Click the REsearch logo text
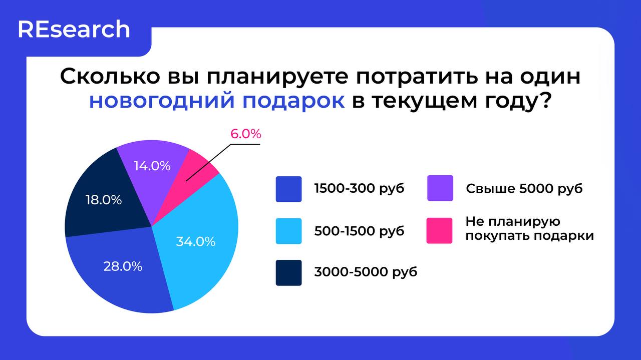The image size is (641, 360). pyautogui.click(x=74, y=30)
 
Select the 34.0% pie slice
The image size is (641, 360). pyautogui.click(x=200, y=235)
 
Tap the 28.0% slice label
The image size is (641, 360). pyautogui.click(x=123, y=266)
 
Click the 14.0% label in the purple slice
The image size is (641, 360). pyautogui.click(x=152, y=166)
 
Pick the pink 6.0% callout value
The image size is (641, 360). pyautogui.click(x=246, y=134)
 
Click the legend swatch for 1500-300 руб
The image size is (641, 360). pyautogui.click(x=288, y=189)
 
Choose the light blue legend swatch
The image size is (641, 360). pyautogui.click(x=288, y=231)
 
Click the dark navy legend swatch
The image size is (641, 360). pyautogui.click(x=288, y=272)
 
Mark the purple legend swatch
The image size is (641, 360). pyautogui.click(x=440, y=188)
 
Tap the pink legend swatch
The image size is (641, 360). pyautogui.click(x=439, y=230)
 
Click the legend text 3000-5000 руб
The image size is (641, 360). pyautogui.click(x=366, y=272)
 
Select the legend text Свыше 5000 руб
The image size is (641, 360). pyautogui.click(x=524, y=189)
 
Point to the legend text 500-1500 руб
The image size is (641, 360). pyautogui.click(x=359, y=231)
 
